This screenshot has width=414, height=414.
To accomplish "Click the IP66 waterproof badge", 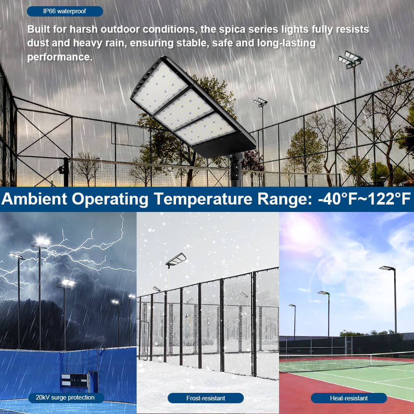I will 65,11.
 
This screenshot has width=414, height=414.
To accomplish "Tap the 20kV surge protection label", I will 65,398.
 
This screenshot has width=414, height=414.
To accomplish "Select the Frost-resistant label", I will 205,398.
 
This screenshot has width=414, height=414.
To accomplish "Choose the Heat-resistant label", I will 349,398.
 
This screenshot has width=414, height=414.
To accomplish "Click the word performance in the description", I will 59,57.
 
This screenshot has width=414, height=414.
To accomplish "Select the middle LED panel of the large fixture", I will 183,109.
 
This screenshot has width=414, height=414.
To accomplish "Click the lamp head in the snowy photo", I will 176,259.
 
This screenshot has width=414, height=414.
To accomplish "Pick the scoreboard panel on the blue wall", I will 75,380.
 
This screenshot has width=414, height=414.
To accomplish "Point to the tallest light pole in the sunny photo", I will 395,300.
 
